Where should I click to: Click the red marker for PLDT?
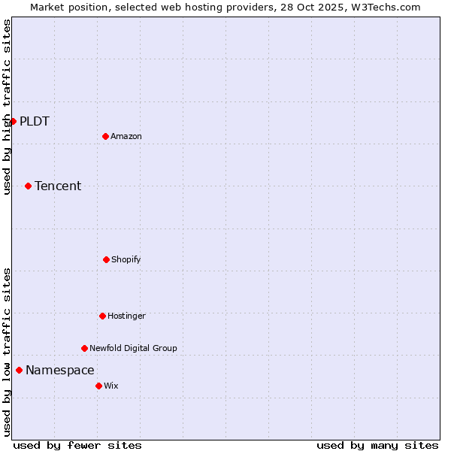[x=13, y=121]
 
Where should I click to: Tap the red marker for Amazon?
[x=105, y=136]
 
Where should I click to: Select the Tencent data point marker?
[x=28, y=186]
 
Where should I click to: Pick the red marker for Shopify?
[x=106, y=259]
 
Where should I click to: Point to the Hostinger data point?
[x=102, y=316]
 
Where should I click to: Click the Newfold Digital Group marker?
[x=84, y=348]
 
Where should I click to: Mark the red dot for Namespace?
[x=19, y=370]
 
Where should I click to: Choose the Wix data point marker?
[x=98, y=386]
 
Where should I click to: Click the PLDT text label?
[x=35, y=122]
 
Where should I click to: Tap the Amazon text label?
[x=126, y=137]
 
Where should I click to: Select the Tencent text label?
[x=58, y=186]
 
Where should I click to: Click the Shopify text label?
[x=126, y=260]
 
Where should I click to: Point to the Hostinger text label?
[x=126, y=316]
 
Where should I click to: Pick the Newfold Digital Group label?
[x=133, y=349]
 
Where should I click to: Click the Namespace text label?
[x=60, y=371]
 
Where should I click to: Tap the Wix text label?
[x=111, y=386]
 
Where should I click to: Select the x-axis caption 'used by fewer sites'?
[x=77, y=445]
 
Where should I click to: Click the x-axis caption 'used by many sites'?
[x=377, y=445]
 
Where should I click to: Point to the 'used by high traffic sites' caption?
[x=7, y=107]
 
